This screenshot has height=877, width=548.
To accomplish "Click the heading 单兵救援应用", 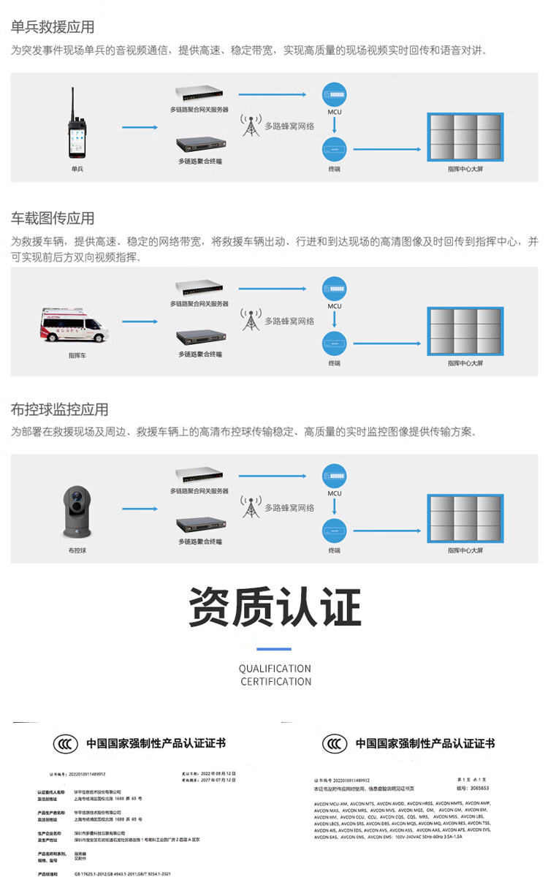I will tap(53, 27).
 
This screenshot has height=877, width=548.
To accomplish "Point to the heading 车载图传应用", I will tap(53, 219).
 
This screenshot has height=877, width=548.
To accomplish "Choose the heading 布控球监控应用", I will tap(59, 409).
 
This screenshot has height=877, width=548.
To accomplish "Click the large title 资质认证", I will tap(275, 607).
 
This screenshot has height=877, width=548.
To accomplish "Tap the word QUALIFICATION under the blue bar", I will tap(275, 668).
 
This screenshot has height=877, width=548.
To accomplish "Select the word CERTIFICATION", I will tap(275, 681).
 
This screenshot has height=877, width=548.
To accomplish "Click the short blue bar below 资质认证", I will tap(274, 648).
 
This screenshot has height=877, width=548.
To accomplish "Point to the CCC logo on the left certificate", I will tap(65, 744).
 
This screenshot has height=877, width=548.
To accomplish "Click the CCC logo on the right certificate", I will tap(335, 744).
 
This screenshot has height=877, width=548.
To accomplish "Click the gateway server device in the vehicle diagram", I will tap(198, 288).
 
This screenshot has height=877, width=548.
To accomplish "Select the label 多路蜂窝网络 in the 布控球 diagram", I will tap(289, 507).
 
